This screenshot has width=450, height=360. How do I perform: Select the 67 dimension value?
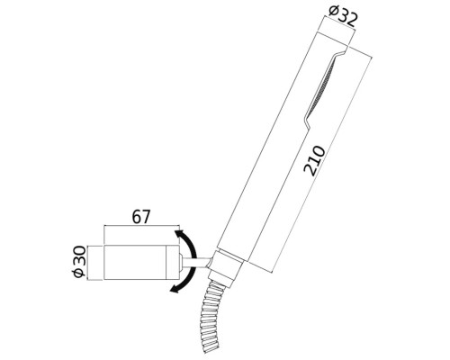point(140,217)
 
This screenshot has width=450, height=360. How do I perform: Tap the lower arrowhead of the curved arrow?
point(173,289)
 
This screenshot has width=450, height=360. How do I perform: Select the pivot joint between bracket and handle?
point(203,262)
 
